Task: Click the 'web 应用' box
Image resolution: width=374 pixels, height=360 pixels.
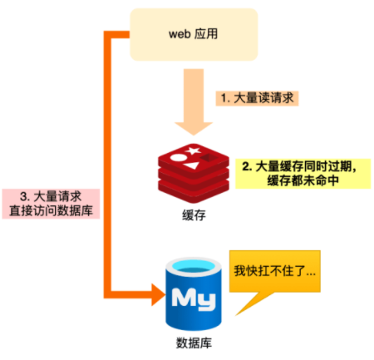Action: tap(194, 34)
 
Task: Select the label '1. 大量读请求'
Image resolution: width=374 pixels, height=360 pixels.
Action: tap(257, 98)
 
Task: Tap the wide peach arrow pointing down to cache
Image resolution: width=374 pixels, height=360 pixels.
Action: tap(194, 101)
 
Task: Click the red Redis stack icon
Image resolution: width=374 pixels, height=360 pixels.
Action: tap(194, 173)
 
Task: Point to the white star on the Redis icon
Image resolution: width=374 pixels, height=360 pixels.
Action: tap(193, 151)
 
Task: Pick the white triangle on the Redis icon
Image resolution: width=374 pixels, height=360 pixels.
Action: tap(192, 165)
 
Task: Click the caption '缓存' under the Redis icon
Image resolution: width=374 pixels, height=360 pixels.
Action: tap(194, 215)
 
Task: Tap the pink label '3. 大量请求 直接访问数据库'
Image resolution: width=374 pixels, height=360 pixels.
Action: tap(51, 204)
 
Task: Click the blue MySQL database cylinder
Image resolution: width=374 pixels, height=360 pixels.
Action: tap(194, 293)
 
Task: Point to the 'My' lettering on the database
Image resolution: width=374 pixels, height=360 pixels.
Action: tap(194, 299)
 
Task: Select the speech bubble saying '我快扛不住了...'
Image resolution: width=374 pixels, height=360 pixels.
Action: tap(275, 271)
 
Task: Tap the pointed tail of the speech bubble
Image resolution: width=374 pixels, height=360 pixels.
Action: tap(236, 315)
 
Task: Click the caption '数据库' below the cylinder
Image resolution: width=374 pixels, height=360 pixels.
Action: tap(194, 343)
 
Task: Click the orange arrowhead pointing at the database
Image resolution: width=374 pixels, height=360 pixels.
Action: tap(159, 295)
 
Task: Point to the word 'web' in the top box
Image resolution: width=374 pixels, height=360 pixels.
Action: tap(180, 34)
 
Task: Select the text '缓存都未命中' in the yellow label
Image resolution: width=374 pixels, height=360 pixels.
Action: tap(303, 180)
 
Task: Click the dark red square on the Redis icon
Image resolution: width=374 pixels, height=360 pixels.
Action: tap(209, 158)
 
